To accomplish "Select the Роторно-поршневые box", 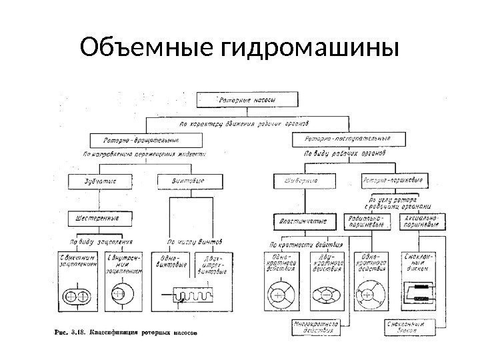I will [392, 180].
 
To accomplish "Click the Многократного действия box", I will [317, 327].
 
